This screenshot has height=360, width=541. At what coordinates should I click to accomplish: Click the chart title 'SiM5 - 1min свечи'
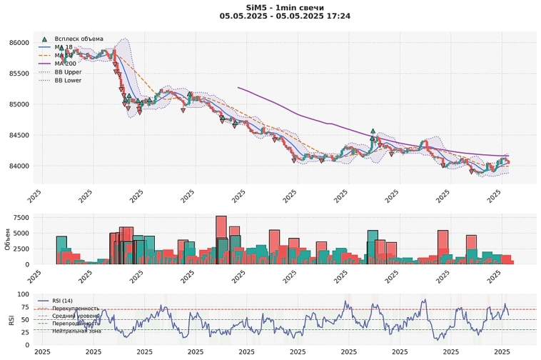coord(270,6)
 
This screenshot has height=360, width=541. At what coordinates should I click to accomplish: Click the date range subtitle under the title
coord(270,16)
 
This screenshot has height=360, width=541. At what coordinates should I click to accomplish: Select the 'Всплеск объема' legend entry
coord(79,39)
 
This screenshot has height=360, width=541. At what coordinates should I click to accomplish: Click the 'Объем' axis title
coord(7,239)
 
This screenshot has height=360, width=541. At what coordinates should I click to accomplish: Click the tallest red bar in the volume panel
coord(221,240)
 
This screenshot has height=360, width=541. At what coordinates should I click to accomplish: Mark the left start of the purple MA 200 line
coord(238,87)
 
